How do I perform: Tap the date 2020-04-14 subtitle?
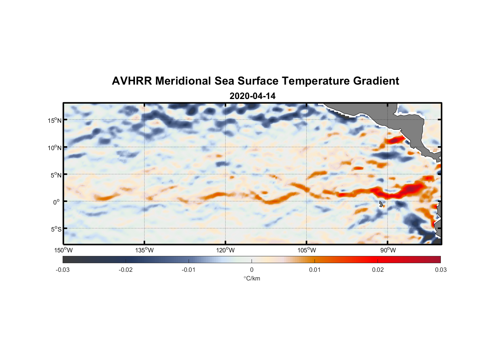[252, 96]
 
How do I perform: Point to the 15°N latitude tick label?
[54, 120]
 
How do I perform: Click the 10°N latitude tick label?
[54, 148]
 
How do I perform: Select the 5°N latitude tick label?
[56, 175]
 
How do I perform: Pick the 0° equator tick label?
[57, 202]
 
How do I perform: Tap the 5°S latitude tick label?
[56, 229]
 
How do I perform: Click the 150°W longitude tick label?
[63, 250]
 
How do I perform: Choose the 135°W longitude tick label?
[144, 250]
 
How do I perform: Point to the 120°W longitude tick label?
[225, 250]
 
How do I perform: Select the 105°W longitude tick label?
[307, 250]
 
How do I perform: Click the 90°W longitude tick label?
[388, 250]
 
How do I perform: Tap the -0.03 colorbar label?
[63, 270]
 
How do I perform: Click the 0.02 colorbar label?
[378, 270]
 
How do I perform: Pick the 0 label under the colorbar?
[252, 270]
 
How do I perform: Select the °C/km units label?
[252, 278]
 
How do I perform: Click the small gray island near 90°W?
[381, 204]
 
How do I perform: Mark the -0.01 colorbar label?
[189, 270]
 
